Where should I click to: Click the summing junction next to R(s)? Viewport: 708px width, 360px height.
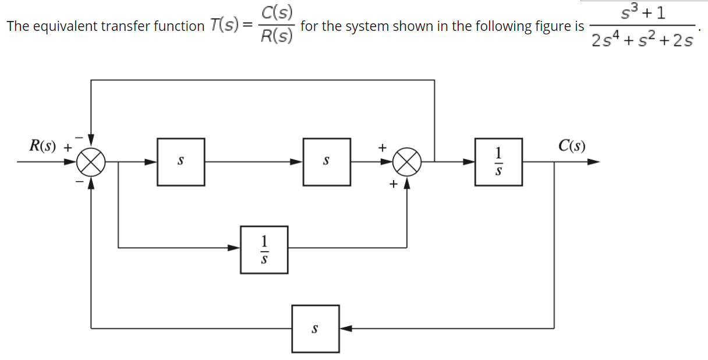[x=91, y=162]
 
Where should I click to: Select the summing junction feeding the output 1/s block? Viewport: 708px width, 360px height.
[x=407, y=162]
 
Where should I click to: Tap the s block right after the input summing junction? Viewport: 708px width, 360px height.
[x=180, y=162]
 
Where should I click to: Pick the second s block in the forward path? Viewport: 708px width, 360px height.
[x=326, y=162]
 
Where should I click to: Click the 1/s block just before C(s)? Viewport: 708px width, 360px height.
[x=498, y=162]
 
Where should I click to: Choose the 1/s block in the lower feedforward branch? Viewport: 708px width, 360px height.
[x=264, y=249]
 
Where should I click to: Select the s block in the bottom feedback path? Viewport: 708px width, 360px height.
[x=315, y=329]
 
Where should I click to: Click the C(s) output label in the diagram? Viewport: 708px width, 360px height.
[x=571, y=145]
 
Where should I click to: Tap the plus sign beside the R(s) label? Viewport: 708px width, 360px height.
[x=68, y=147]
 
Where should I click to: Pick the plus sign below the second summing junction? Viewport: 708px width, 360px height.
[x=394, y=185]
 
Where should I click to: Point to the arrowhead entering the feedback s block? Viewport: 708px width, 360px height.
[x=345, y=329]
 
